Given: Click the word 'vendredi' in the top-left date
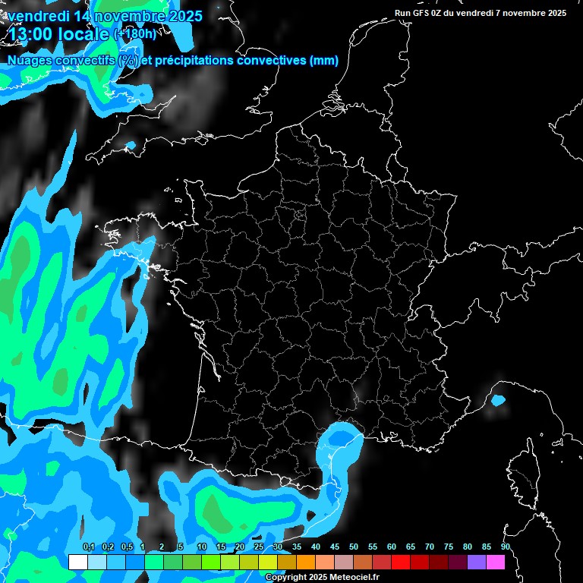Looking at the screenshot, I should coord(38,16).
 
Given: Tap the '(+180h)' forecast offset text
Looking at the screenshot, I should coord(134,34).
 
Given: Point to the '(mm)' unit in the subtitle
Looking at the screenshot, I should coord(324,61).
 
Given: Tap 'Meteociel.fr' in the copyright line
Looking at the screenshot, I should coord(355,577).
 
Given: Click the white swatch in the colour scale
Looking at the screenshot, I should coord(77,562).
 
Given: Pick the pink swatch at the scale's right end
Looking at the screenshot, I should coord(496,562).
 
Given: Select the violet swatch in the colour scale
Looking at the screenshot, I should coord(477,562).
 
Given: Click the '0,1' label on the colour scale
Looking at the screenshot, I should coord(88,547).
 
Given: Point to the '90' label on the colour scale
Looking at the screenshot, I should coord(506,547).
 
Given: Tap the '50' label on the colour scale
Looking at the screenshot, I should coord(354,547).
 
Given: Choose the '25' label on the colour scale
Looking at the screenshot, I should coord(258,547).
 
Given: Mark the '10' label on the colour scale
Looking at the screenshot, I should coord(202,547).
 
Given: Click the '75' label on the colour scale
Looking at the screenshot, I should coord(449,547).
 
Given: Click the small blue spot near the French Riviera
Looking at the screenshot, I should coord(498,399).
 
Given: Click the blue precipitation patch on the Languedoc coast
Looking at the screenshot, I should coord(338,440).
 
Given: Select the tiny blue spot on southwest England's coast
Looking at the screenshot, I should coord(131,144).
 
